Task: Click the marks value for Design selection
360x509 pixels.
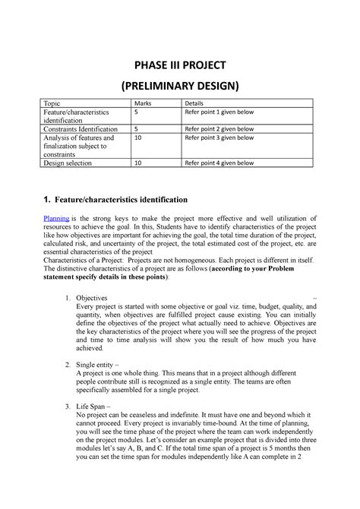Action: coord(137,163)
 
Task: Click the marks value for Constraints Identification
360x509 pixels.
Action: coord(136,129)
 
